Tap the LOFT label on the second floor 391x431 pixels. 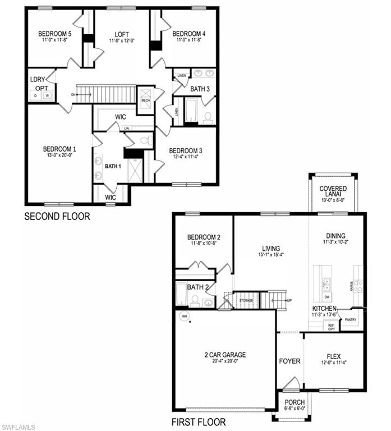122,34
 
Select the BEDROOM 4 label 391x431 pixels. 188,33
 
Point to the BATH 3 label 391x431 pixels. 200,89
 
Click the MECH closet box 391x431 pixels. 145,95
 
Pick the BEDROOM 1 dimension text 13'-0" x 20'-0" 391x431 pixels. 59,156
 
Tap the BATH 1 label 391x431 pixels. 113,166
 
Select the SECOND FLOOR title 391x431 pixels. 57,216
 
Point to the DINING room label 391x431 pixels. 335,236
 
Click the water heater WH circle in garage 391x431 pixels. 183,317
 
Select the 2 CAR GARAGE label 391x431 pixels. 225,355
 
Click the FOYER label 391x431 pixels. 289,361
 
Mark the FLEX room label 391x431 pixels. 334,356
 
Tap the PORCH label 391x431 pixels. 295,402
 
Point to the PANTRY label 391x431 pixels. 351,320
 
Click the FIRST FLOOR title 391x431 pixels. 198,422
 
